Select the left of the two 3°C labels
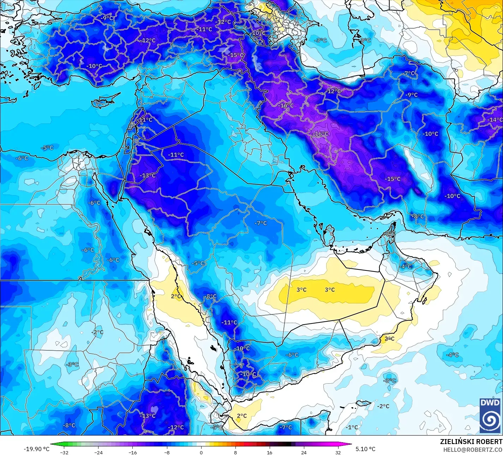click(x=301, y=290)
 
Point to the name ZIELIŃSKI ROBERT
click(x=471, y=442)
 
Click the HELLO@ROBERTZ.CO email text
click(x=473, y=449)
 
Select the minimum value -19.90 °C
click(x=37, y=449)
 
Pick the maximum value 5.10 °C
click(x=365, y=449)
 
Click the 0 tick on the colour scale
click(x=201, y=452)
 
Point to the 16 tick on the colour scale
click(x=270, y=452)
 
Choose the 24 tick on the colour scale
click(x=304, y=452)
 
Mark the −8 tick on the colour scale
click(x=167, y=452)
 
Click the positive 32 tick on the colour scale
click(x=338, y=452)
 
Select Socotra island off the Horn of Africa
click(x=364, y=403)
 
